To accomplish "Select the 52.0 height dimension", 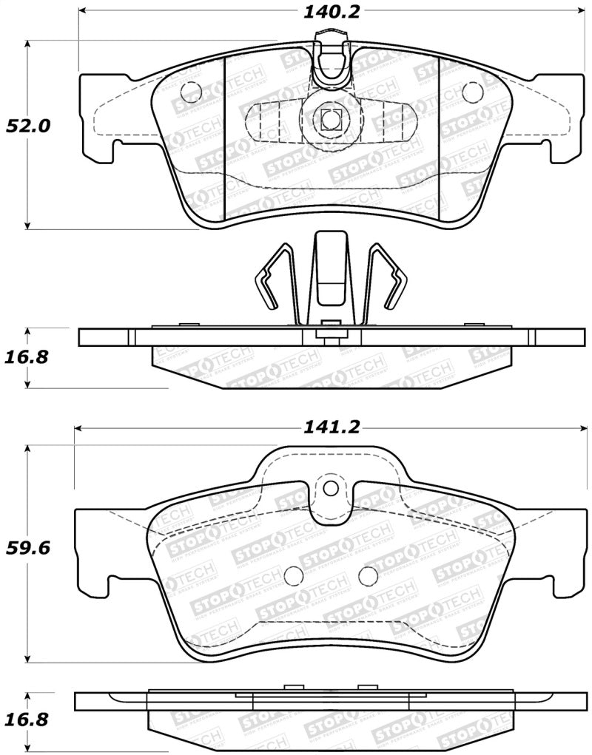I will tap(27, 126).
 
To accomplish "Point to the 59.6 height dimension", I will tap(27, 549).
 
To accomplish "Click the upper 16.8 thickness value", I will tap(27, 357).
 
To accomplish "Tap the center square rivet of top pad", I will tap(330, 118).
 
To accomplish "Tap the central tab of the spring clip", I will tap(330, 274).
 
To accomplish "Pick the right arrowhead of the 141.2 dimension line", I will tap(581, 427).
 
